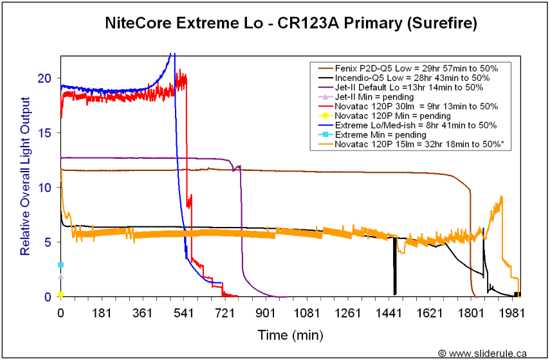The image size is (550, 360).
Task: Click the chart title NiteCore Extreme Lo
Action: [291, 24]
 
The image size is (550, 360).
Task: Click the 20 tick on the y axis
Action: [44, 78]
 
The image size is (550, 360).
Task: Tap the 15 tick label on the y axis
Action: [44, 132]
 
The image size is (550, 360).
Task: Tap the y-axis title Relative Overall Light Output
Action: [25, 175]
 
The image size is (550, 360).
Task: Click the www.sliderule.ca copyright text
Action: [483, 353]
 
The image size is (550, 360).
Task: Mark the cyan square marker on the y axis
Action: [60, 265]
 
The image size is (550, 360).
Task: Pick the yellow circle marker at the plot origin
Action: [60, 294]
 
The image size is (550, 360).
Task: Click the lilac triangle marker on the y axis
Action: [60, 276]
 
